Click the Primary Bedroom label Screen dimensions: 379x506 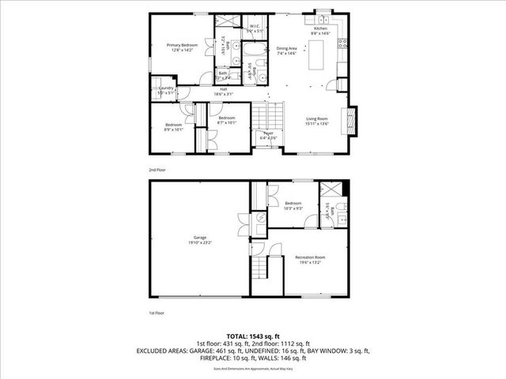click(182, 47)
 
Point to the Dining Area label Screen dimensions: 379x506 click(286, 51)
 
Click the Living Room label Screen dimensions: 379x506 click(318, 121)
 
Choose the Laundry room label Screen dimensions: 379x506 click(164, 89)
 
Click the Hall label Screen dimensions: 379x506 click(224, 91)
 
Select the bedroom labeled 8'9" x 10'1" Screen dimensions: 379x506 click(174, 126)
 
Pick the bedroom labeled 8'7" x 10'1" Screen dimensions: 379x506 click(227, 120)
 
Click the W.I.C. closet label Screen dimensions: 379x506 click(255, 28)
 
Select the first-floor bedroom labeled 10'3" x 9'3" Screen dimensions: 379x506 click(293, 205)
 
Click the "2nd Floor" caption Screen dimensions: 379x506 click(157, 170)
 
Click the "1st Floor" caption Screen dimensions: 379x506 click(157, 313)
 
